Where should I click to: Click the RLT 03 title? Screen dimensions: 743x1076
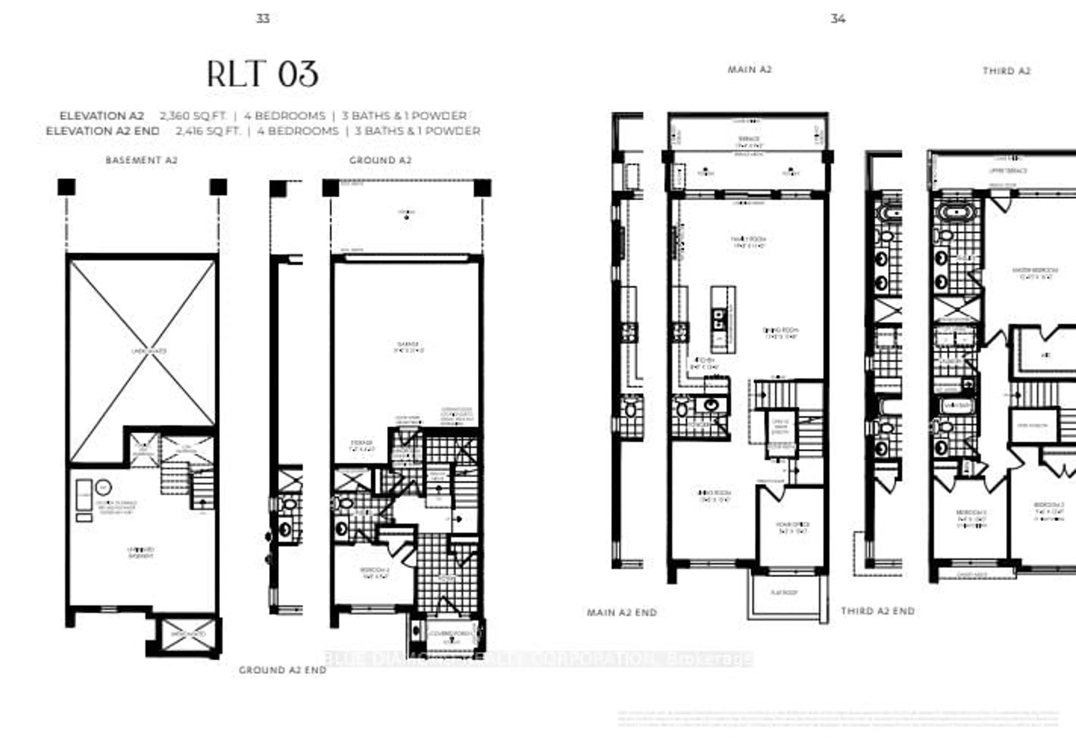tap(263, 75)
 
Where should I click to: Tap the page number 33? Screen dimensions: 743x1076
tap(263, 18)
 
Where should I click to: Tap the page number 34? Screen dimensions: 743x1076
tap(838, 18)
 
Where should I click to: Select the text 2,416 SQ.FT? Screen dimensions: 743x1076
tap(208, 131)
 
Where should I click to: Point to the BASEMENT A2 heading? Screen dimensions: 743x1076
tap(142, 160)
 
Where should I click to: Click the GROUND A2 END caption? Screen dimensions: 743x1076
tap(282, 670)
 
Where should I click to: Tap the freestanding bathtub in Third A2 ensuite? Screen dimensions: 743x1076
tap(956, 212)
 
